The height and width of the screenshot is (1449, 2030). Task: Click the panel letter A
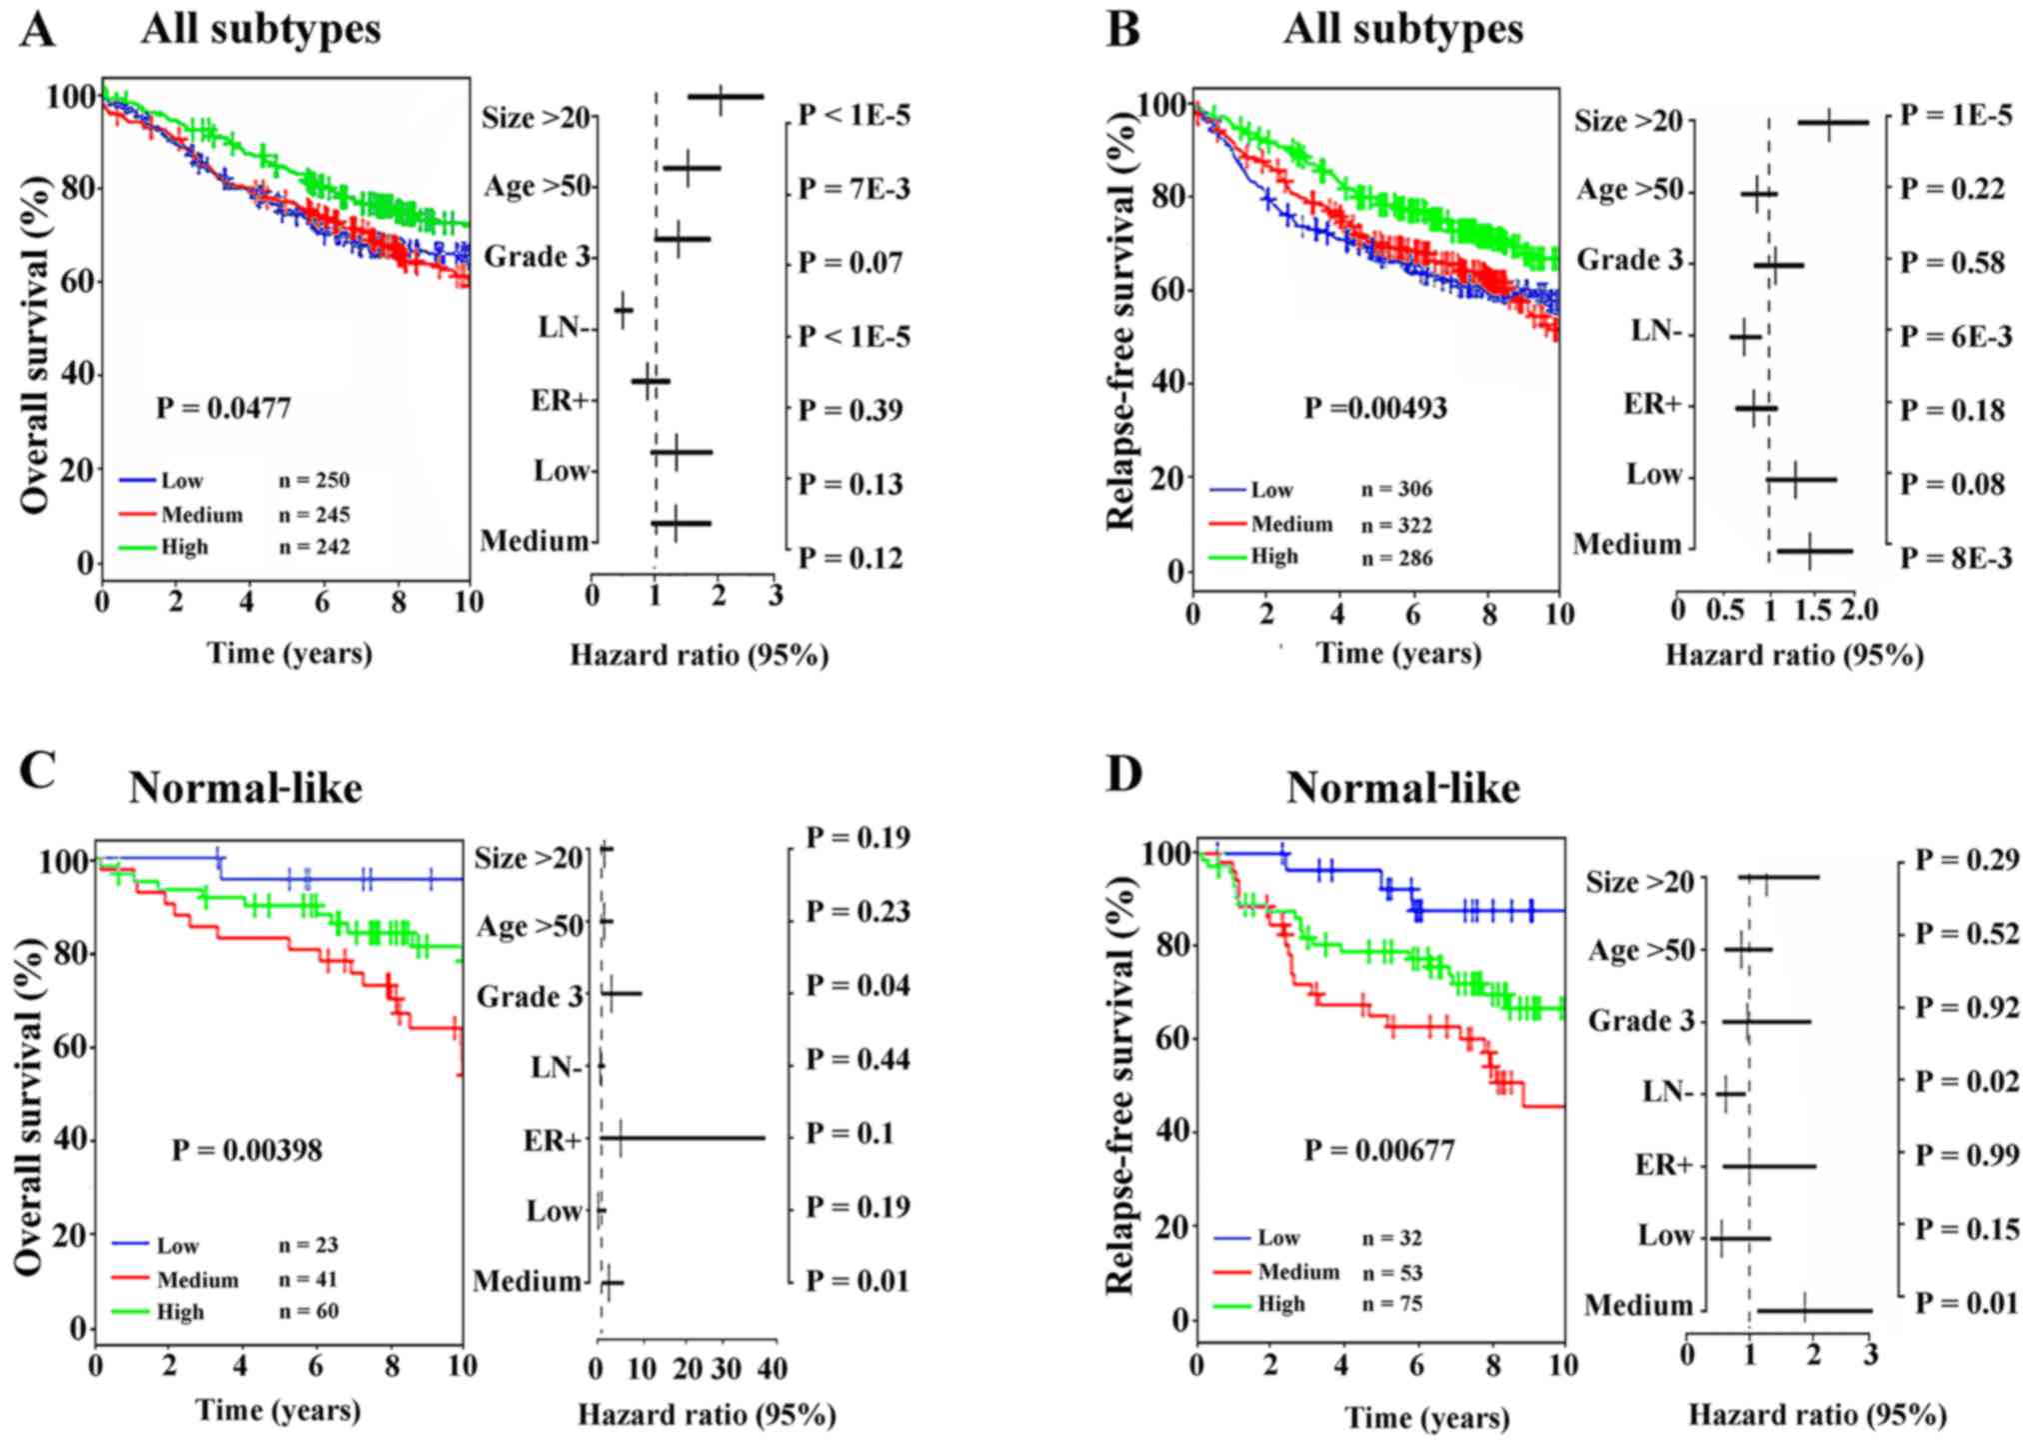coord(37,30)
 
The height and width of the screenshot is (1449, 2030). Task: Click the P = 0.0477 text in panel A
coord(223,408)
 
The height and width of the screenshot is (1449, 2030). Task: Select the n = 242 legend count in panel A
coord(314,547)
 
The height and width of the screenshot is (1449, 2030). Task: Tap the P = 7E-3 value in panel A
coord(854,188)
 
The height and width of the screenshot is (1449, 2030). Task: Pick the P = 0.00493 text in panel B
coord(1375,408)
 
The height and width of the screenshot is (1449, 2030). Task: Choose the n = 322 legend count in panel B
coord(1396,525)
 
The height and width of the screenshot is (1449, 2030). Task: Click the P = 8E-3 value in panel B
coord(1955,558)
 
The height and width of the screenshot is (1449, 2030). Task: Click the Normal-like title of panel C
coord(246,789)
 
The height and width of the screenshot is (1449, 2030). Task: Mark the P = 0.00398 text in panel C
coord(247,1150)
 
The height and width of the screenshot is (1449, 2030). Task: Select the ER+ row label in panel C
coord(552,1140)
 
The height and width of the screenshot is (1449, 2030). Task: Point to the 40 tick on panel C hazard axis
coord(773,1368)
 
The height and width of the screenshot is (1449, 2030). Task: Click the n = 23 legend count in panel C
coord(308,1245)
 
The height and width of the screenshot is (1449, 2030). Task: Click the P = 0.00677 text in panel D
coord(1378,1151)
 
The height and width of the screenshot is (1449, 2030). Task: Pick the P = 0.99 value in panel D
coord(1966,1155)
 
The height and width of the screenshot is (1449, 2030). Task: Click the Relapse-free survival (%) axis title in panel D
coord(1121,1085)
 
